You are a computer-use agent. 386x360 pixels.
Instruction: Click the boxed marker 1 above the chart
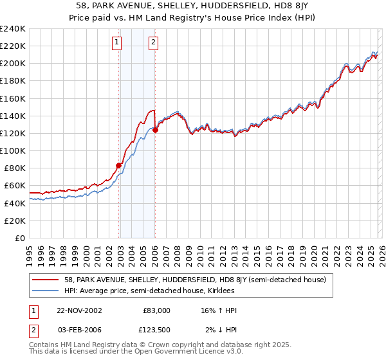pos(116,43)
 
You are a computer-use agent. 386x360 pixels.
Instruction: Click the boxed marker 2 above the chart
pos(154,43)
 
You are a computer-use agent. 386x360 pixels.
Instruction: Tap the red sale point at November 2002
pos(119,165)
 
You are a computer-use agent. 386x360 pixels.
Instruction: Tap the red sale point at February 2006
pos(156,130)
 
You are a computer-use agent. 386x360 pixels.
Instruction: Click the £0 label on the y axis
pos(19,238)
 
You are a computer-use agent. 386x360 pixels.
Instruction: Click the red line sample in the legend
pos(46,280)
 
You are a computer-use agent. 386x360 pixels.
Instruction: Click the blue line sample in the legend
pos(46,291)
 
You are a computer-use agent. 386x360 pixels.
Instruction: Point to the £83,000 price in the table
pos(156,310)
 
